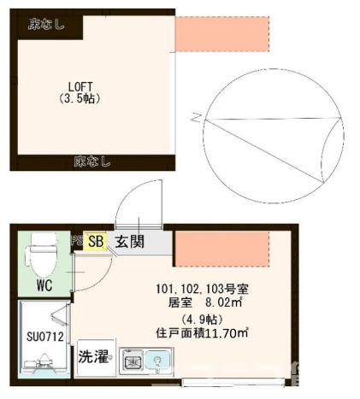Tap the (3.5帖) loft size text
pos(80,98)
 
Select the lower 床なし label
pos(91,160)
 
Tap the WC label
pos(45,286)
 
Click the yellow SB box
pos(96,242)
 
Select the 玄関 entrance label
pos(130,242)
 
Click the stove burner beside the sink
pos(133,362)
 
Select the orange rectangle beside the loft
pos(221,34)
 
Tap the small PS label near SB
pos(76,241)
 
